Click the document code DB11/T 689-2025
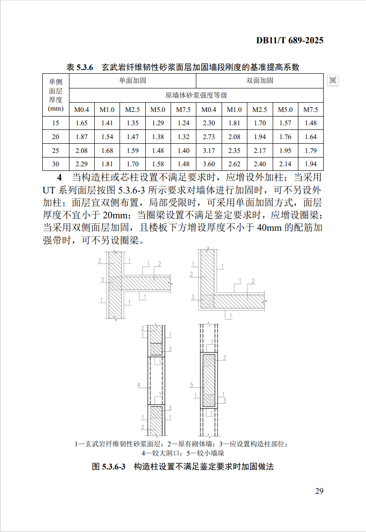point(290,41)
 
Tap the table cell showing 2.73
point(209,137)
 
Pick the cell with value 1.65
point(81,123)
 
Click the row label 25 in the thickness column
point(56,151)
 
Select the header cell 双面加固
point(260,81)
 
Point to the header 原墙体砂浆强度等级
point(196,95)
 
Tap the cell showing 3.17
point(209,151)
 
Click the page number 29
point(319,491)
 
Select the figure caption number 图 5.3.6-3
point(109,467)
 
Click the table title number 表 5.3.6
point(80,67)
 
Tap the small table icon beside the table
point(333,81)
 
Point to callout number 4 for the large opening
point(139,384)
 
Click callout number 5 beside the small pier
point(191,384)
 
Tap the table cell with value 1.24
point(183,123)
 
